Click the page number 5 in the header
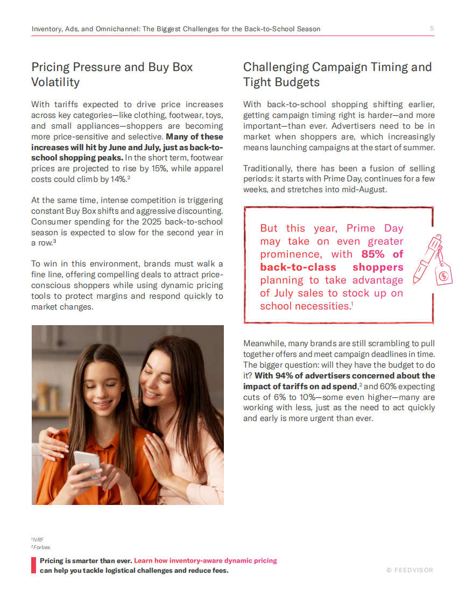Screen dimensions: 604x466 point(432,29)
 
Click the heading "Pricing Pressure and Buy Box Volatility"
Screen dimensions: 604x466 point(112,75)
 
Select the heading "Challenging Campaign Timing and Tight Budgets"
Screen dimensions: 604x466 point(337,75)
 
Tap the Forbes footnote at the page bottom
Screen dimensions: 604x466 point(41,547)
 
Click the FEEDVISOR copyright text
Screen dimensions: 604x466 point(409,570)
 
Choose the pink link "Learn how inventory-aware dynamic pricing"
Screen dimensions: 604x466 point(206,560)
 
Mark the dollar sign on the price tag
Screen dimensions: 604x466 point(443,276)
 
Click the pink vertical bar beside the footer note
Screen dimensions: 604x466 point(33,565)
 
